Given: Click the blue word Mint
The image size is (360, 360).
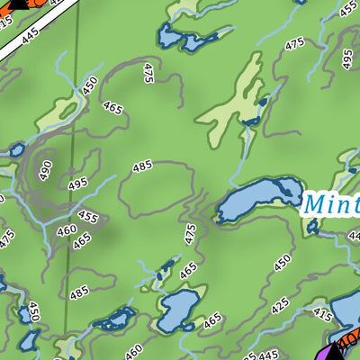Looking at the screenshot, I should point(331,202).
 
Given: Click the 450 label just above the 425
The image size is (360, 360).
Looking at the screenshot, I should point(282,263).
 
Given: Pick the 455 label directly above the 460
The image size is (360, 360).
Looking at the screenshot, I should point(87,218).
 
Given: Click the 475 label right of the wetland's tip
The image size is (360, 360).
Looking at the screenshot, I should point(294,44).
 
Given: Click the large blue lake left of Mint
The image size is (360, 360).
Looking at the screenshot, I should point(258,200).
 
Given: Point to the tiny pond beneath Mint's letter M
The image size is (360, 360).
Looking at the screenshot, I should point(313,227).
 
